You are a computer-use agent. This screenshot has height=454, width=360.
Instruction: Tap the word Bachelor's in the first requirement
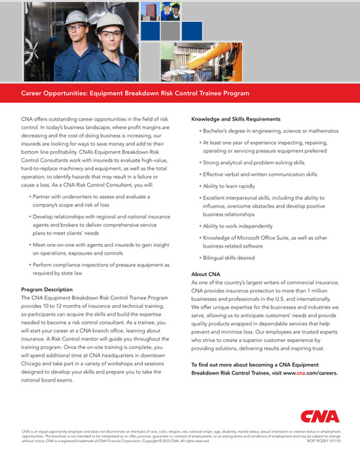point(219,131)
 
